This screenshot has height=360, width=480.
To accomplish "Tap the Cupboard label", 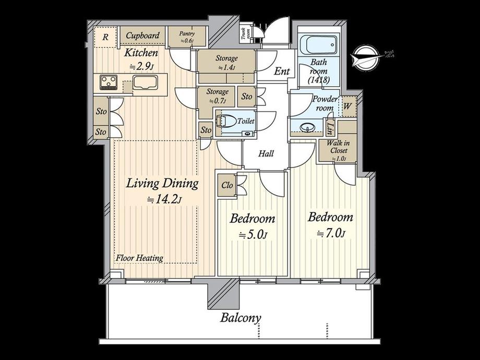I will tap(142, 35).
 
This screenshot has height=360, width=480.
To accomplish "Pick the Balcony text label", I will tap(241, 318).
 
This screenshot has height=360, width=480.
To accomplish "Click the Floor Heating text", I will tap(139, 258).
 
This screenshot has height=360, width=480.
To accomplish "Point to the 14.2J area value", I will tap(164, 199).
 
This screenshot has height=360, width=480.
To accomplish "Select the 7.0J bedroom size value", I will tap(330, 233).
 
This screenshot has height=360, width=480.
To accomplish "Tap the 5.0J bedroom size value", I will tap(253, 234).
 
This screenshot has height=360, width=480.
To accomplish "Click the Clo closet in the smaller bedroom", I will tap(227, 185).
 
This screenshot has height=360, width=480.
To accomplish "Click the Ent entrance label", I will tap(282, 71).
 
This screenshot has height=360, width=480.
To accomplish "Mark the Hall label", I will tap(265, 153).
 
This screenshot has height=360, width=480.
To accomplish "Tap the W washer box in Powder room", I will tap(347, 105).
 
